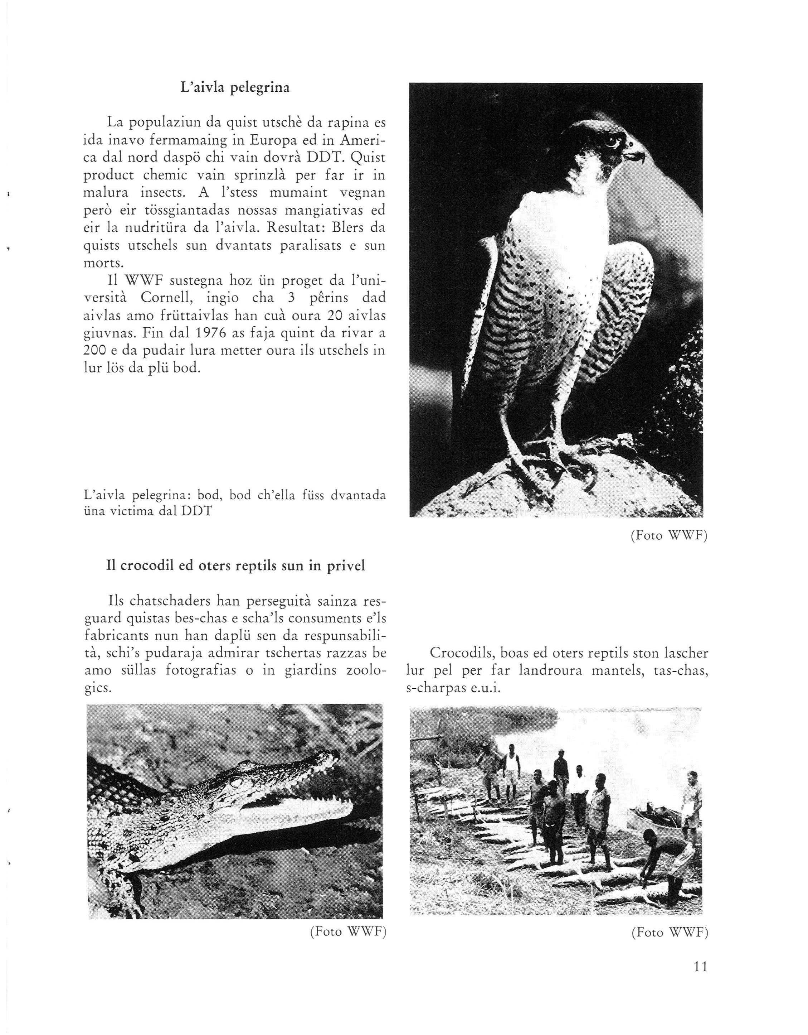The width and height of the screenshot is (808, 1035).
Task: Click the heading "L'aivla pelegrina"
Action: point(235,88)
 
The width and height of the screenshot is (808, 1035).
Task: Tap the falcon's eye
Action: point(610,141)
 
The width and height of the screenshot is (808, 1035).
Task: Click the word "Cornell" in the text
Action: point(170,299)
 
